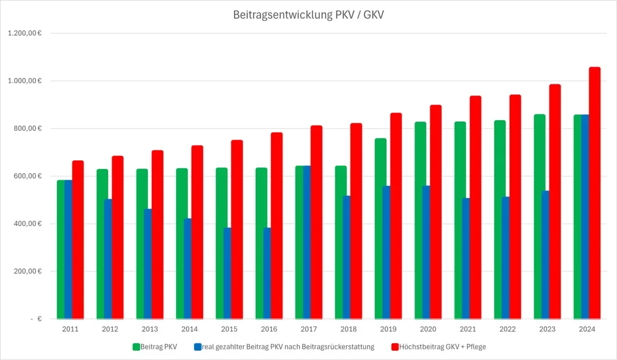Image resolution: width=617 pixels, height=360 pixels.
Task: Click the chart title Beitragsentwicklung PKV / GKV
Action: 308,15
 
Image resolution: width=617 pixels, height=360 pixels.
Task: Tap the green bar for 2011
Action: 61,249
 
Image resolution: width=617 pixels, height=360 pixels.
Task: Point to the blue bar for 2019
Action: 386,252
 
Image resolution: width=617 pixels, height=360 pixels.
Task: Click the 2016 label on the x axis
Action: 269,329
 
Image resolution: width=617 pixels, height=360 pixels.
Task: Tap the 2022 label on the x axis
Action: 507,329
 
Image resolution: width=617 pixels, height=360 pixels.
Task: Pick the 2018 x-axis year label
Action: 348,329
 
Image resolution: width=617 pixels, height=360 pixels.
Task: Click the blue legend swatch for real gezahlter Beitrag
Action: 198,346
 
